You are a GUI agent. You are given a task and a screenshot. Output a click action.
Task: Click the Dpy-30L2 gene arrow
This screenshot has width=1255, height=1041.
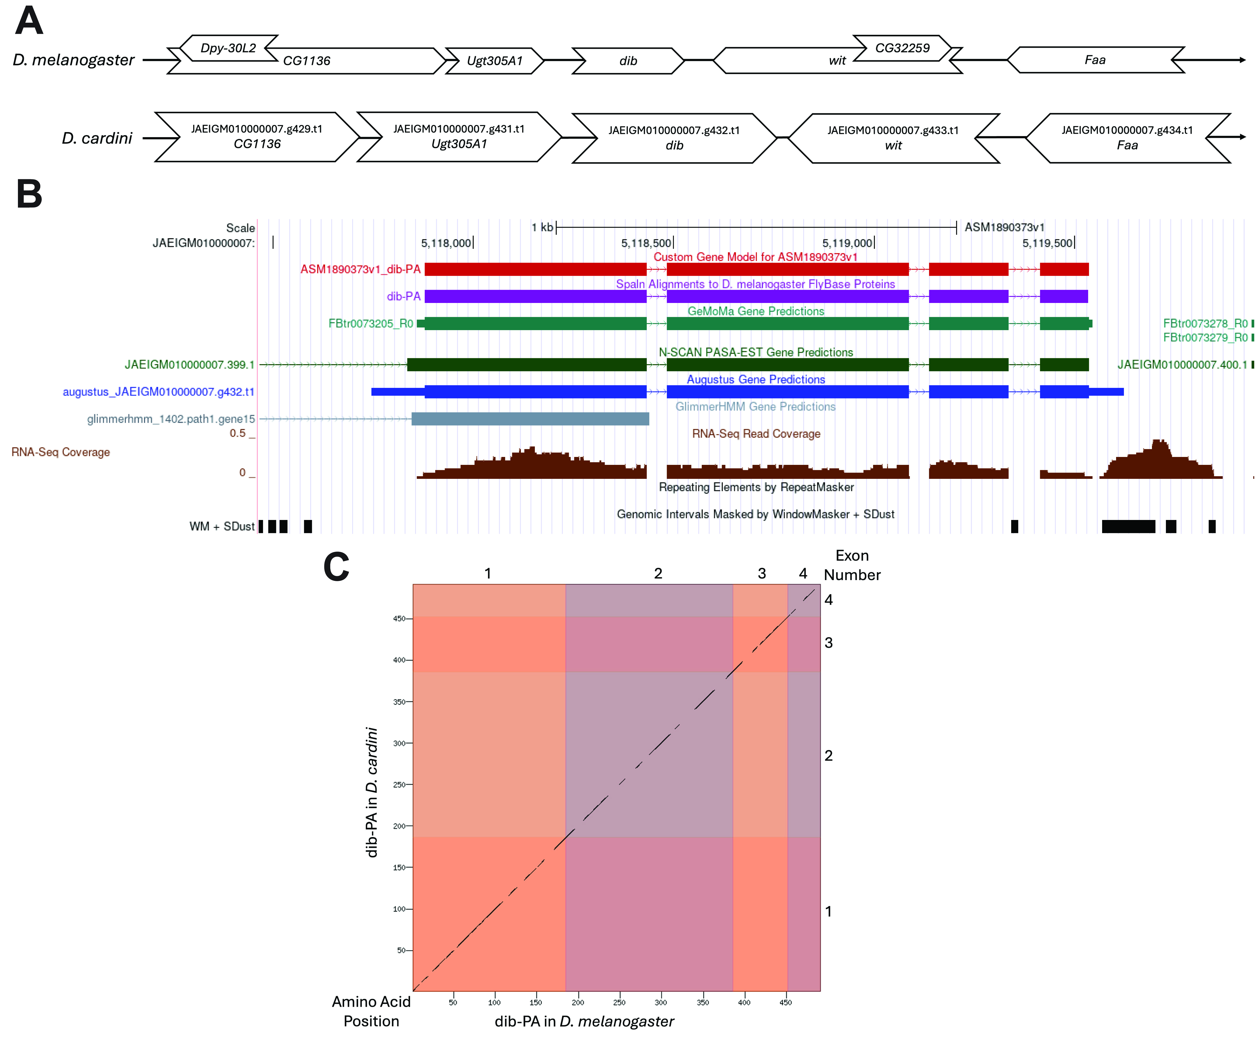[x=228, y=48]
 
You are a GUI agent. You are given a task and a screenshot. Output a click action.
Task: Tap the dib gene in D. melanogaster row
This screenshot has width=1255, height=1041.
[x=628, y=60]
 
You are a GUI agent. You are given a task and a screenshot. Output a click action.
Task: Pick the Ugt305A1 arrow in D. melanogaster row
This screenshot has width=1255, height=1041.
[x=495, y=60]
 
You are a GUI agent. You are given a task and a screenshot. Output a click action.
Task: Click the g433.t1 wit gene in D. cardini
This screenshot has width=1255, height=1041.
[x=893, y=138]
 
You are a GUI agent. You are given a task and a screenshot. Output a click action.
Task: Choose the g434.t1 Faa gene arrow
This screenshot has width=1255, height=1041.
[x=1128, y=138]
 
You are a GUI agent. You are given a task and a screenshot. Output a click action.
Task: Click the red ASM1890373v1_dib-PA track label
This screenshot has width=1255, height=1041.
[x=360, y=269]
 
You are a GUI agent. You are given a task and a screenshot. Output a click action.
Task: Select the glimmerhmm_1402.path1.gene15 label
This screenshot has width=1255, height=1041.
[x=171, y=418]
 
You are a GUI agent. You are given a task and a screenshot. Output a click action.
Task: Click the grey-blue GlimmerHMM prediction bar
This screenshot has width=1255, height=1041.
[x=530, y=418]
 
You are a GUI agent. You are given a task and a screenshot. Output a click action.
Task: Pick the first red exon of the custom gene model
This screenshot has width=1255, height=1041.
[x=535, y=269]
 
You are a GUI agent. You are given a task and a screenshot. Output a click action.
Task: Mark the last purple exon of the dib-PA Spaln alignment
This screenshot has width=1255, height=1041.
[x=1064, y=296]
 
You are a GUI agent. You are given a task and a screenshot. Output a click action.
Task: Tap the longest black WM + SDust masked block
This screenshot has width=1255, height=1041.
[x=1128, y=526]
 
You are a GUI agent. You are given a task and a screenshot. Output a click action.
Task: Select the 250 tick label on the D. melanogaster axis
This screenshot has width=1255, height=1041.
[x=619, y=1002]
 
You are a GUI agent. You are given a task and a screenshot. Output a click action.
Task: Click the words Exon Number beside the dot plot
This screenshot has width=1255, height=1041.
[x=852, y=565]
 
